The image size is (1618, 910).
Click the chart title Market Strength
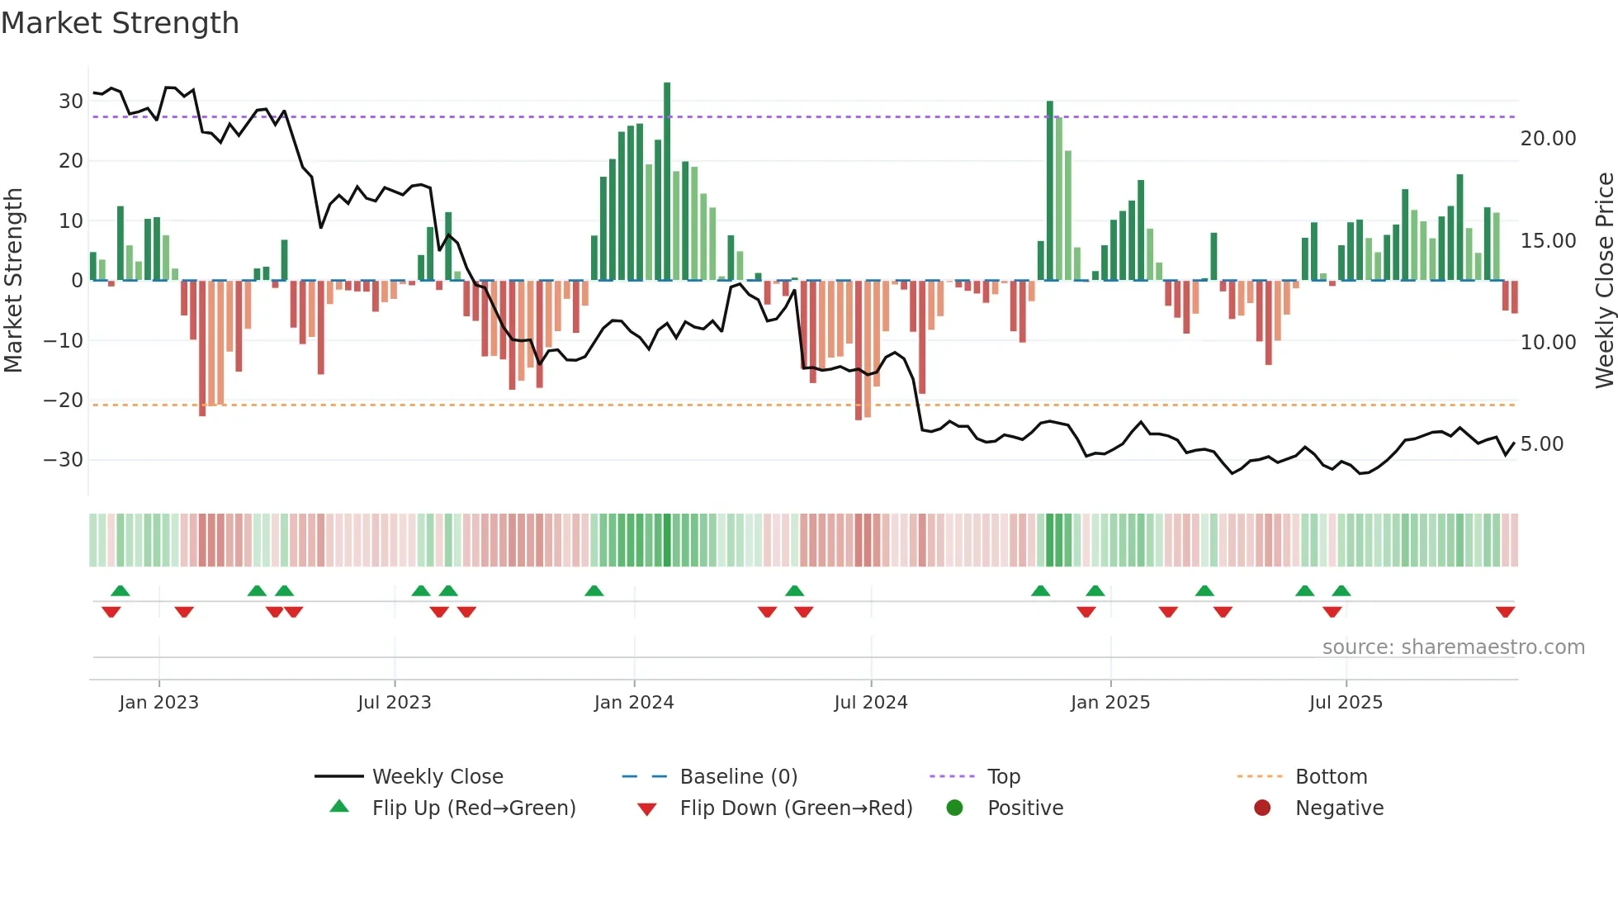[x=120, y=23]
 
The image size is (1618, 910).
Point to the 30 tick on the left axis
[x=71, y=102]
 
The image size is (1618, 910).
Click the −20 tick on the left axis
[x=64, y=400]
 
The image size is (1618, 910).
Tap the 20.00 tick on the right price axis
[x=1548, y=139]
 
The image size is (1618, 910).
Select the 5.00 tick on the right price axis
[x=1541, y=444]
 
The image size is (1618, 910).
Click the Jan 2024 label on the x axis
[x=633, y=703]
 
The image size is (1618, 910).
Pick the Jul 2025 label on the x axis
[x=1345, y=703]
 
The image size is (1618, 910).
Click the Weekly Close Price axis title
[x=1604, y=281]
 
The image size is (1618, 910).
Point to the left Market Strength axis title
[x=14, y=281]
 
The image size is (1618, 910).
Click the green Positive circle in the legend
[x=955, y=808]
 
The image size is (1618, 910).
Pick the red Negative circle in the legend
[x=1262, y=808]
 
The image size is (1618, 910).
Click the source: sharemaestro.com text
[x=1453, y=647]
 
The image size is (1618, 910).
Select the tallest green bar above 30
[x=667, y=182]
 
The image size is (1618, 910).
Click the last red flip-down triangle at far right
[x=1505, y=612]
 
